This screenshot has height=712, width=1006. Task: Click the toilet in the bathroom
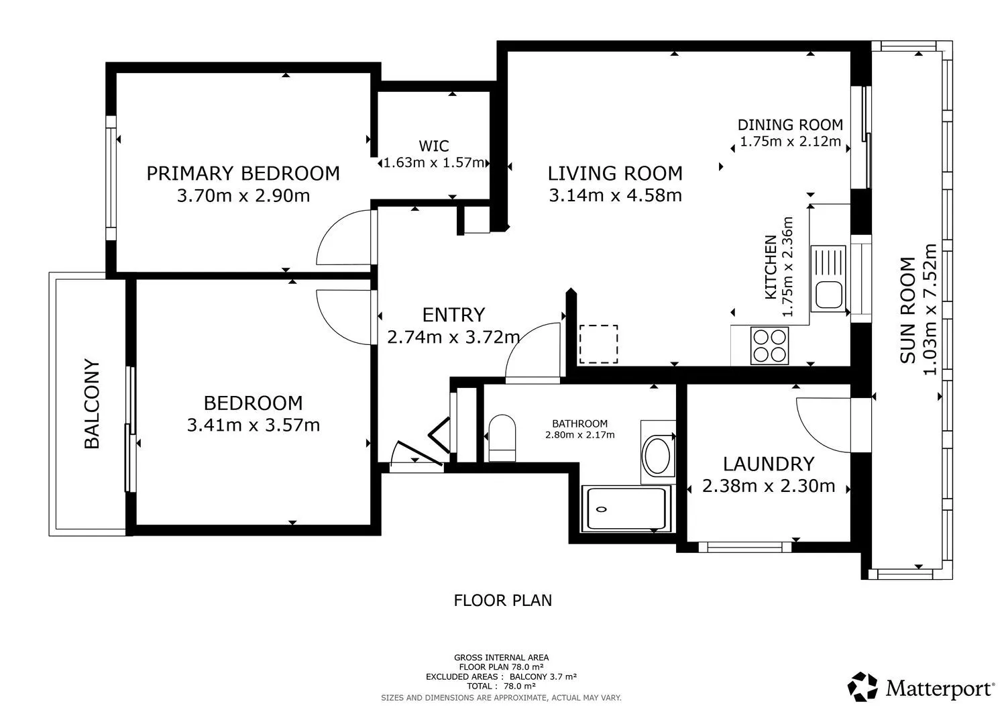click(502, 438)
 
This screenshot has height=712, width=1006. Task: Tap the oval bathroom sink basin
click(657, 456)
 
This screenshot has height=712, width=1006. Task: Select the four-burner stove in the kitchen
click(770, 345)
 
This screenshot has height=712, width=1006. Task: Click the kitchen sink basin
click(828, 295)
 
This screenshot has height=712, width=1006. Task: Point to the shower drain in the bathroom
click(602, 509)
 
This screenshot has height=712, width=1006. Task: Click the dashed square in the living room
click(599, 344)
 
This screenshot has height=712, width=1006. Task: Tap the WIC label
click(434, 146)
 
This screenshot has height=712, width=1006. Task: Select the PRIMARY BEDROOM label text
click(243, 174)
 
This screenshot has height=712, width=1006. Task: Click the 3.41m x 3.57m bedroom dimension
click(254, 425)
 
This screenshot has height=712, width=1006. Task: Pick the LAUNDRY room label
click(769, 464)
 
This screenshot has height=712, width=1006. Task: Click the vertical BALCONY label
click(92, 404)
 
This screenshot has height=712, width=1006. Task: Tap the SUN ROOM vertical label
click(907, 310)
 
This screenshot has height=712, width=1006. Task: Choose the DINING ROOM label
click(791, 125)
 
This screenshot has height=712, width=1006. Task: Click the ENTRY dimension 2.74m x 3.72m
click(453, 337)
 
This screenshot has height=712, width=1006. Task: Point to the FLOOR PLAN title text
click(502, 600)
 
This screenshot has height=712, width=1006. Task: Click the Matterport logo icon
click(862, 686)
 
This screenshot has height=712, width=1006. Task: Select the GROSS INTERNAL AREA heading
click(501, 658)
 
